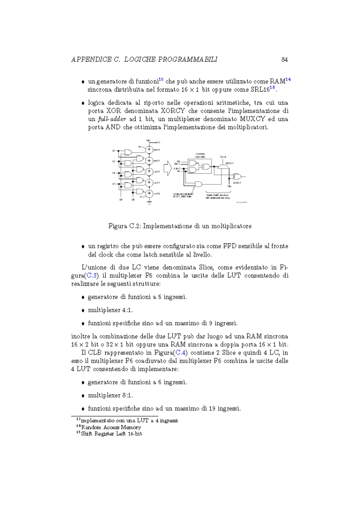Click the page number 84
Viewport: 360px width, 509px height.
[284, 59]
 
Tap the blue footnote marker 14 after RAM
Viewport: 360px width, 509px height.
[288, 79]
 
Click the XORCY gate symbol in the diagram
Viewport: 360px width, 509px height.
[237, 177]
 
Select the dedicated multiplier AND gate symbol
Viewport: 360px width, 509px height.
[198, 184]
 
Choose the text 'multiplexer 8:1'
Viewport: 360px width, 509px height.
[110, 396]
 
